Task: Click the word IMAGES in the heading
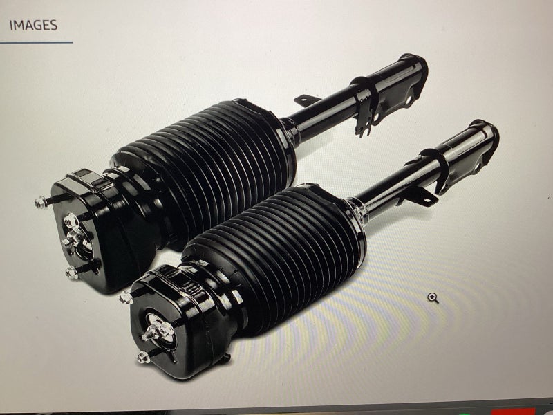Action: coord(33,26)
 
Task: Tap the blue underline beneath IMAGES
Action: coord(36,43)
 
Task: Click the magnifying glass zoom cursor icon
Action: coord(433,298)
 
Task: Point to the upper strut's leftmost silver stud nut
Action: coord(41,203)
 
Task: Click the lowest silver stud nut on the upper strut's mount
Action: coord(72,273)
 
